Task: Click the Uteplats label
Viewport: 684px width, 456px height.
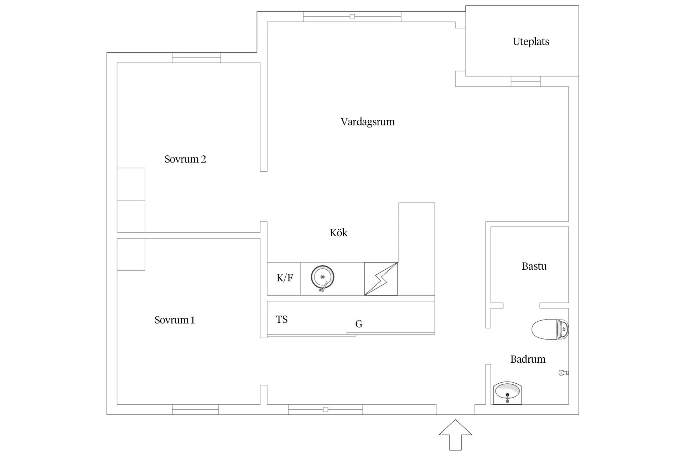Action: (530, 42)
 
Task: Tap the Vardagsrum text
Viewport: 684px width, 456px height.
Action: (367, 122)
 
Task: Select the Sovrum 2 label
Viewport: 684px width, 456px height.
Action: (185, 159)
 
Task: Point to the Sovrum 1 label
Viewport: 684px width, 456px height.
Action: (174, 320)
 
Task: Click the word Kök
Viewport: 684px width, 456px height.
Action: (338, 233)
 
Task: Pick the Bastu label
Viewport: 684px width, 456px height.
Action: (534, 266)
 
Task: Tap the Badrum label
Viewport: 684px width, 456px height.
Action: (528, 359)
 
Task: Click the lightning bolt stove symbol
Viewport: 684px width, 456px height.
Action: (381, 279)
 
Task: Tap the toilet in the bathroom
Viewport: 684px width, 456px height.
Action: (549, 329)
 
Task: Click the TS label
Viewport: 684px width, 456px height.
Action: (281, 320)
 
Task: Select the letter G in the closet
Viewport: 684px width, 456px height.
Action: (359, 324)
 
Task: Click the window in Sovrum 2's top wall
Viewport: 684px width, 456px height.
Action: (196, 57)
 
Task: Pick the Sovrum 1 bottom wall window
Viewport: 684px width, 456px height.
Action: (195, 409)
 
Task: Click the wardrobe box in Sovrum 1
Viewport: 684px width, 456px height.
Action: (131, 254)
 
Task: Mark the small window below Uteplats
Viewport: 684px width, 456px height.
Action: (525, 81)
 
